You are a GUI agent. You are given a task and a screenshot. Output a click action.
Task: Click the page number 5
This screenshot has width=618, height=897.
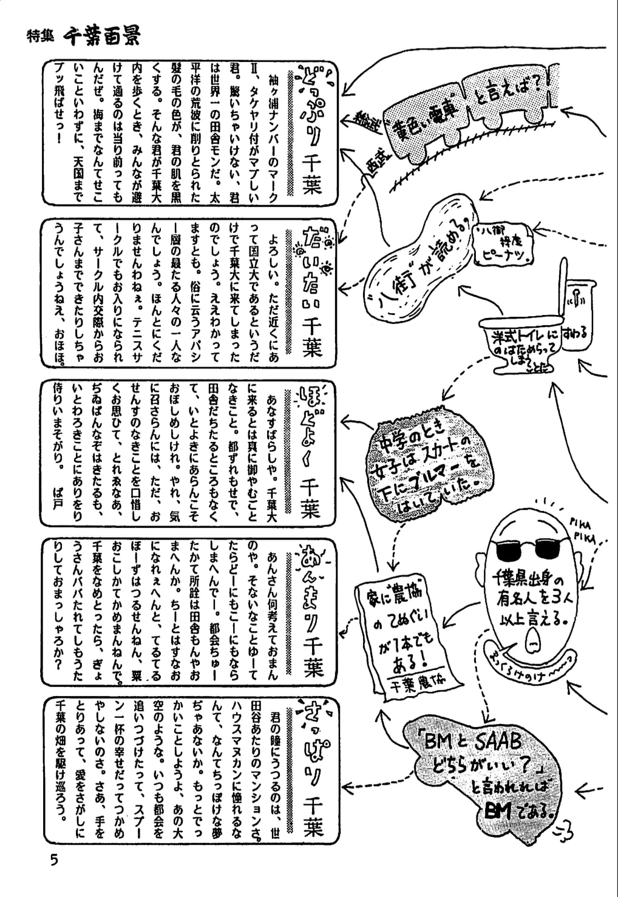click(55, 860)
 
